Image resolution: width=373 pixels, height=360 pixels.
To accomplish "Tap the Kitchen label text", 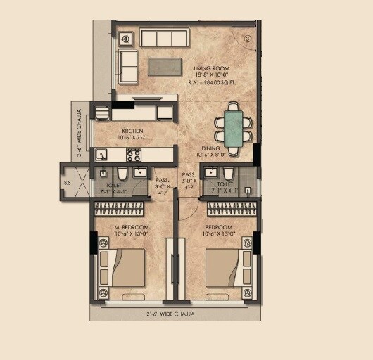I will coord(132,131).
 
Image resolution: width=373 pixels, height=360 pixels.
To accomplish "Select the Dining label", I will coord(211,148).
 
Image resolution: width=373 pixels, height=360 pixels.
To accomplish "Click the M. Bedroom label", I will coord(132,228).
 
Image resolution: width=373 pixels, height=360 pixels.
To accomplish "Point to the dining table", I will coord(233,125).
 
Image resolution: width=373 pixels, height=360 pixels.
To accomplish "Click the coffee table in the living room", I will coord(165,65).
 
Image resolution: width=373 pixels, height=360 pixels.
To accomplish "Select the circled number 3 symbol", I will coord(248,39).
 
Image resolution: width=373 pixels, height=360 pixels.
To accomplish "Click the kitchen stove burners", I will coord(134,153).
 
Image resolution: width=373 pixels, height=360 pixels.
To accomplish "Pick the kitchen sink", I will coord(101,154).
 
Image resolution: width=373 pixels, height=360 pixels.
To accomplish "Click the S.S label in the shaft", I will coord(68,183).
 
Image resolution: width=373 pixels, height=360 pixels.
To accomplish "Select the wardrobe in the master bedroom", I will coord(120,209).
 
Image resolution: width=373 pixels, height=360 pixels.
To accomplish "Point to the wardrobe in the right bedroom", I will coord(230,209).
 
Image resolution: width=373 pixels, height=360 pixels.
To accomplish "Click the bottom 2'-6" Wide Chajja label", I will coord(170,314).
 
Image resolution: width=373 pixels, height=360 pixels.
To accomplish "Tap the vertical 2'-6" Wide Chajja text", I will coord(78,132).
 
